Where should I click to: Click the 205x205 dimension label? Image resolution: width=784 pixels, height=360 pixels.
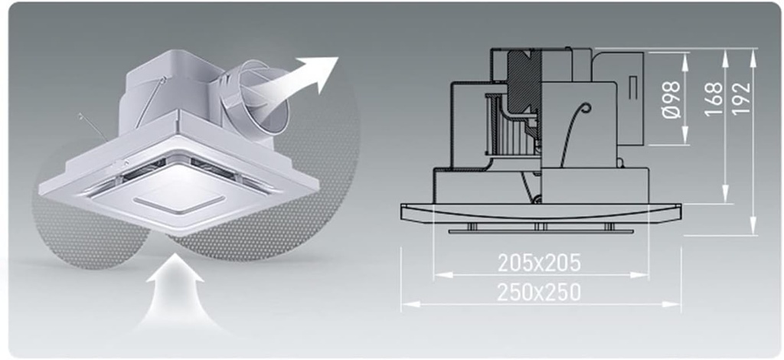pyautogui.click(x=539, y=263)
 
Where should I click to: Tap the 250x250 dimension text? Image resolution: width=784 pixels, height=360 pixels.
pyautogui.click(x=539, y=293)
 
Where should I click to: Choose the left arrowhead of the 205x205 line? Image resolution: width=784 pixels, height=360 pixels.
pyautogui.click(x=437, y=275)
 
